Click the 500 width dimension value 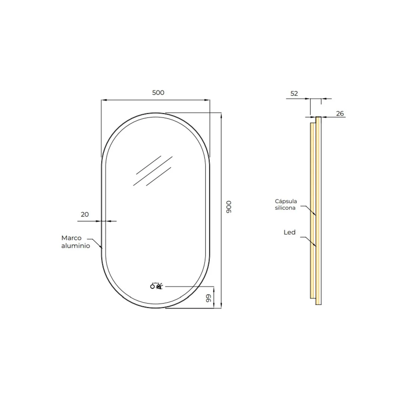pyautogui.click(x=158, y=92)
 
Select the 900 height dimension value pyautogui.click(x=229, y=207)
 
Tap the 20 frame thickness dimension pyautogui.click(x=85, y=215)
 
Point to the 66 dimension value pyautogui.click(x=208, y=298)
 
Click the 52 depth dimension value pyautogui.click(x=294, y=93)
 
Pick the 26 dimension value pyautogui.click(x=340, y=114)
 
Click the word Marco pyautogui.click(x=71, y=238)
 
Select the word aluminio pyautogui.click(x=75, y=246)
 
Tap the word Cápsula pyautogui.click(x=286, y=201)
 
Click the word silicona pyautogui.click(x=285, y=208)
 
